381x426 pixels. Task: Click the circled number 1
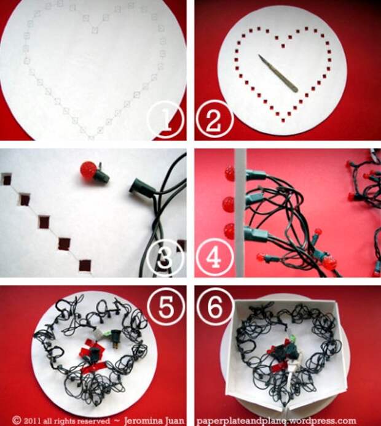[x=166, y=120]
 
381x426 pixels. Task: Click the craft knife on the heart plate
[x=278, y=74]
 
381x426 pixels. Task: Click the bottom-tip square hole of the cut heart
[x=284, y=120]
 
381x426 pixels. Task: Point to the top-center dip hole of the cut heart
[x=283, y=46]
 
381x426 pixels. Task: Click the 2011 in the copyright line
[x=33, y=421]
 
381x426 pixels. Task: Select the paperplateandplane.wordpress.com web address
[x=276, y=421]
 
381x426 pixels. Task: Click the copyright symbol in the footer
[x=17, y=421]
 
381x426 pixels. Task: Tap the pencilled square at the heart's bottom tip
[x=91, y=138]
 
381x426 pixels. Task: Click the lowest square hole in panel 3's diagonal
[x=85, y=265]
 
